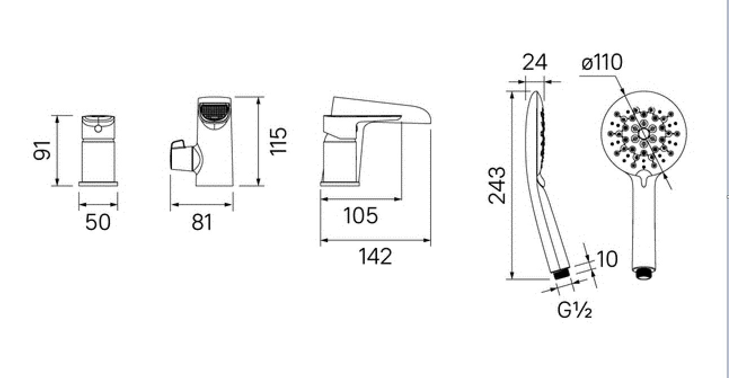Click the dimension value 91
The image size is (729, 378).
(x=42, y=150)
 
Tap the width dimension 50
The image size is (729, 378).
(x=98, y=223)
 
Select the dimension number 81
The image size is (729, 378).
(x=202, y=223)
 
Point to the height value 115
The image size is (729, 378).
(x=279, y=141)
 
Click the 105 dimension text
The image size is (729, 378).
(x=361, y=216)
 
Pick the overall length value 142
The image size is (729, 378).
(x=375, y=256)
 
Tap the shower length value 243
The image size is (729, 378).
(x=497, y=185)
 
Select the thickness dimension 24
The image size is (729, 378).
(x=534, y=62)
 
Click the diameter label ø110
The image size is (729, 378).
(x=602, y=62)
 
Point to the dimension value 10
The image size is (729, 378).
(x=607, y=259)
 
